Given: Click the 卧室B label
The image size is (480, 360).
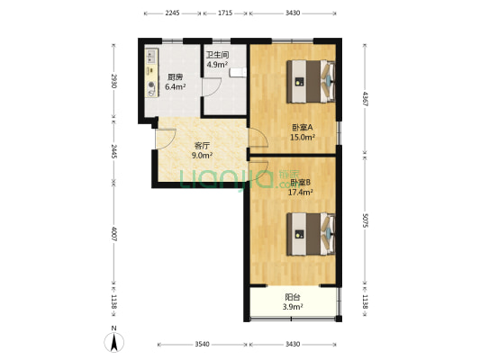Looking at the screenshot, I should [300, 183].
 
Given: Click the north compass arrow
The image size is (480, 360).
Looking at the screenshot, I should [114, 341].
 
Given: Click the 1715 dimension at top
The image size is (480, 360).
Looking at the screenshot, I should [225, 13].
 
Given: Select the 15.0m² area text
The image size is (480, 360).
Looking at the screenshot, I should [302, 138].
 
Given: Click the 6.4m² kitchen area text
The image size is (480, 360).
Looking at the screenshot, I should [175, 87].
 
